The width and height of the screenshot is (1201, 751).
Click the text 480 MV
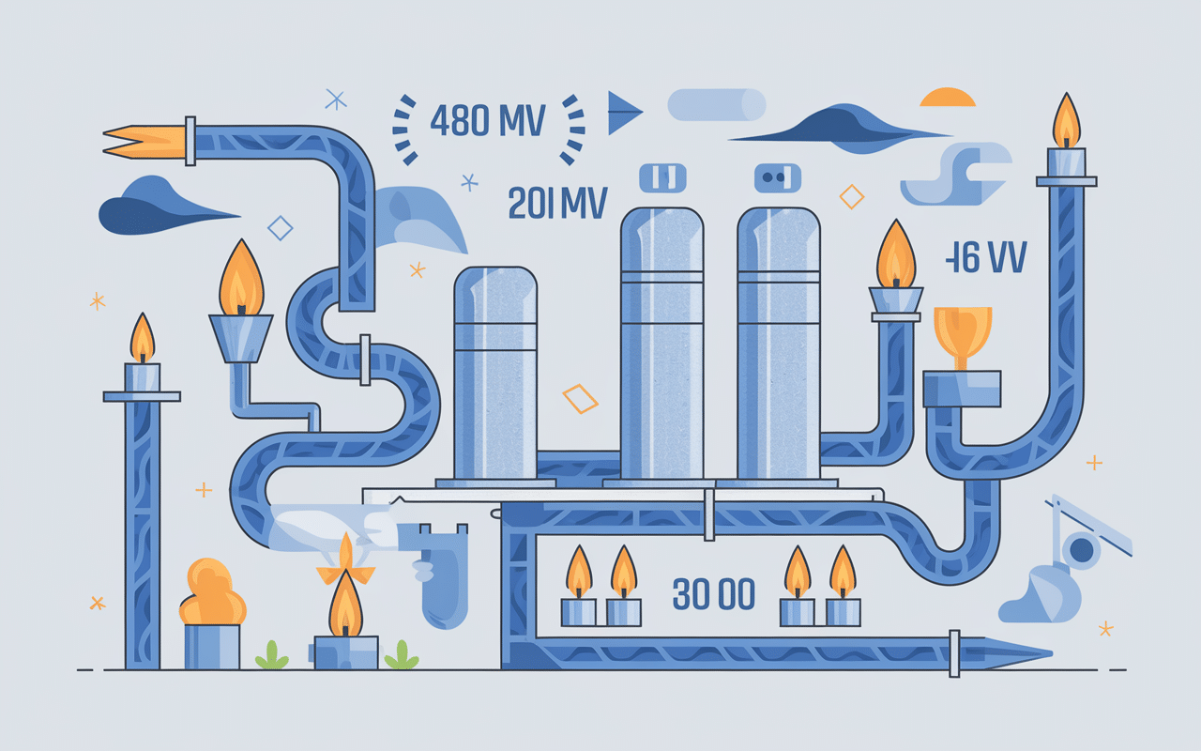point(486,122)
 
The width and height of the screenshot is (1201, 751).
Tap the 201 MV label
point(556,203)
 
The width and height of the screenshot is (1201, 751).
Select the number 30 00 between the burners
point(714,594)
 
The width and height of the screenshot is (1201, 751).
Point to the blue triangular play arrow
point(623,114)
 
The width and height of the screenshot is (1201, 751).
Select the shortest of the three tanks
point(494,375)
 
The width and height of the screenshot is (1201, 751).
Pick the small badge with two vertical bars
point(662,176)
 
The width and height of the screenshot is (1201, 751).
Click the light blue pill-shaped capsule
point(717,104)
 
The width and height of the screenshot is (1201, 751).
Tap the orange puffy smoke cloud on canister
point(212,593)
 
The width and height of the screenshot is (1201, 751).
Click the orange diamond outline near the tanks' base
point(580,398)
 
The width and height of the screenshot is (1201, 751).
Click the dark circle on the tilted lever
point(1084,551)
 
